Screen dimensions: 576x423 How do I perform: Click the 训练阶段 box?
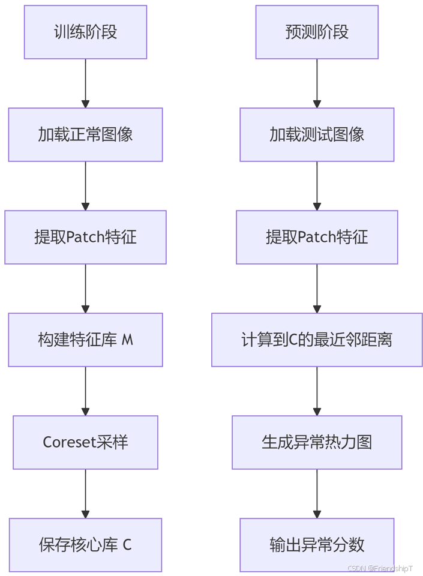85,32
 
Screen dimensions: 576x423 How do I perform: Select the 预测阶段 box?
317,32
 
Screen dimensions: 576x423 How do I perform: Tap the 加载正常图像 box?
85,134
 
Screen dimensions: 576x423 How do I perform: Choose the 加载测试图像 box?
317,134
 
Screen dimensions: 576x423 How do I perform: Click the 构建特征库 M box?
85,340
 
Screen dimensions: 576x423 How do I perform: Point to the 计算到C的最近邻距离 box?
317,340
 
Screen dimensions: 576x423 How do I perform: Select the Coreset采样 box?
85,442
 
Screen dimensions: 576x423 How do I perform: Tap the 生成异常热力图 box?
317,442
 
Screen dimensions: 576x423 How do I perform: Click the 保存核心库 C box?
85,545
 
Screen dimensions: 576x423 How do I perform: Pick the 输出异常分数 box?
317,545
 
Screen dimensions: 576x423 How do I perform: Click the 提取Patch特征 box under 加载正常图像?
85,237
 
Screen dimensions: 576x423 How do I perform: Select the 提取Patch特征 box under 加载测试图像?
317,237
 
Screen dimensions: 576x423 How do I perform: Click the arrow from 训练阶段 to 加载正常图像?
85,83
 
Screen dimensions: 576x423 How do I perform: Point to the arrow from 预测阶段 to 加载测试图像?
317,83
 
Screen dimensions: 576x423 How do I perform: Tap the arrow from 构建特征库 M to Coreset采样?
85,391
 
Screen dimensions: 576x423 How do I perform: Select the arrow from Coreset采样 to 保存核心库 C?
85,494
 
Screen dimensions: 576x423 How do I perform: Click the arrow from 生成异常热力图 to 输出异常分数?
317,494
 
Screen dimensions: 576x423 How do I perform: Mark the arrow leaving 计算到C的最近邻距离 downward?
317,391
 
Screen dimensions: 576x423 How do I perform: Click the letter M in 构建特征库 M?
127,340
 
